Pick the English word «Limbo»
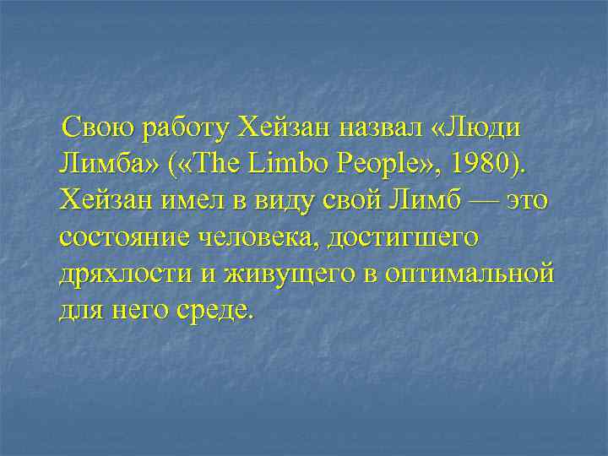280,166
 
